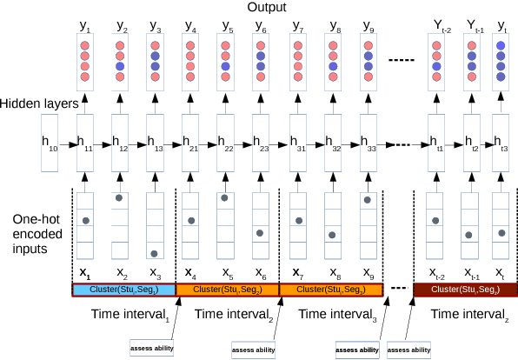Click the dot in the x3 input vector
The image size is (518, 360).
pyautogui.click(x=153, y=253)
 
